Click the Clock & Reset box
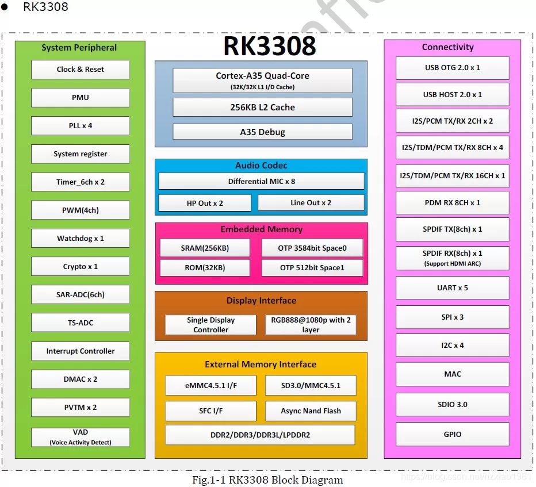pyautogui.click(x=80, y=70)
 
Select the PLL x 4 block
pyautogui.click(x=80, y=125)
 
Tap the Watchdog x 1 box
pyautogui.click(x=80, y=238)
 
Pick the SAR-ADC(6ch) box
pyautogui.click(x=80, y=294)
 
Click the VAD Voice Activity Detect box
pyautogui.click(x=80, y=437)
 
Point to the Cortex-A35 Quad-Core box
pyautogui.click(x=262, y=80)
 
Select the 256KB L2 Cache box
pyautogui.click(x=262, y=107)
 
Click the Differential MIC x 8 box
pyautogui.click(x=261, y=181)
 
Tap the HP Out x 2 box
pyautogui.click(x=205, y=203)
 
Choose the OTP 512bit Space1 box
pyautogui.click(x=312, y=267)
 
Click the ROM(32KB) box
pyautogui.click(x=205, y=267)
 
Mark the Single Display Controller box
pyautogui.click(x=210, y=325)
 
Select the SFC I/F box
pyautogui.click(x=210, y=411)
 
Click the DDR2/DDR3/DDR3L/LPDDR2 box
pyautogui.click(x=260, y=435)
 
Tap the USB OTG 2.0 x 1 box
pyautogui.click(x=452, y=67)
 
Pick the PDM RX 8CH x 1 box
pyautogui.click(x=452, y=203)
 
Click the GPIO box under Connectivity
pyautogui.click(x=452, y=434)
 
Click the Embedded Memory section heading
pyautogui.click(x=261, y=229)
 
